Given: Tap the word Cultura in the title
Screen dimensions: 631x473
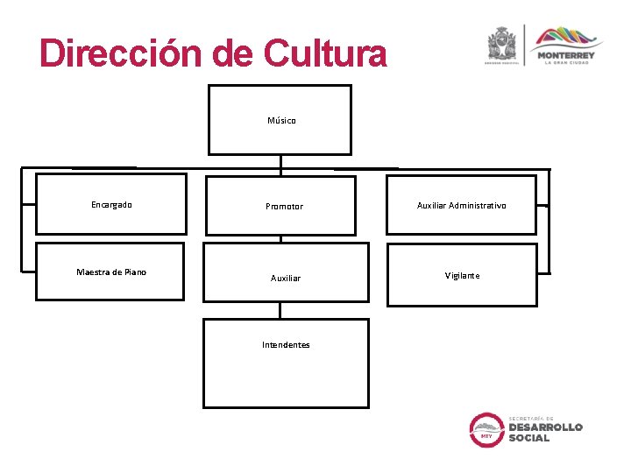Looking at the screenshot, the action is tap(323, 53).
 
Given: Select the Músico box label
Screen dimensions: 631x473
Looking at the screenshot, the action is tap(281, 120).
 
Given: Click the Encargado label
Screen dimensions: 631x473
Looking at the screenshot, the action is tap(111, 205).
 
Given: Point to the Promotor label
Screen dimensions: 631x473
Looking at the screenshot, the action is tap(284, 207).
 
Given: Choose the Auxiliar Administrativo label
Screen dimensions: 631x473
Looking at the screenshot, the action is tap(461, 206).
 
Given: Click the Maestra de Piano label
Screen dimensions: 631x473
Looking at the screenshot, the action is tap(111, 272).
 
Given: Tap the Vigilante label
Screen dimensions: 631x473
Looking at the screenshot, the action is tap(462, 275).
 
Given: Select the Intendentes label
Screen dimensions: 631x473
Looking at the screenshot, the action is tap(286, 344).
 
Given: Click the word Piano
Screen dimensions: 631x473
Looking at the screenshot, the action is tap(135, 272).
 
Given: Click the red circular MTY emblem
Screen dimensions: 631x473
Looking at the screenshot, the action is tap(486, 429).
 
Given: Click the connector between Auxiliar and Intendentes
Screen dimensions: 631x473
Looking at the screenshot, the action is tap(280, 310).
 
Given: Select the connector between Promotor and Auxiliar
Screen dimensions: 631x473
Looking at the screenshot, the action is tap(280, 238).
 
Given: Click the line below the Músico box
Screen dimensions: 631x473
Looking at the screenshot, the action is tap(280, 163).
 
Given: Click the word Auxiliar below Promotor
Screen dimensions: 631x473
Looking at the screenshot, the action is tap(286, 278).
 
